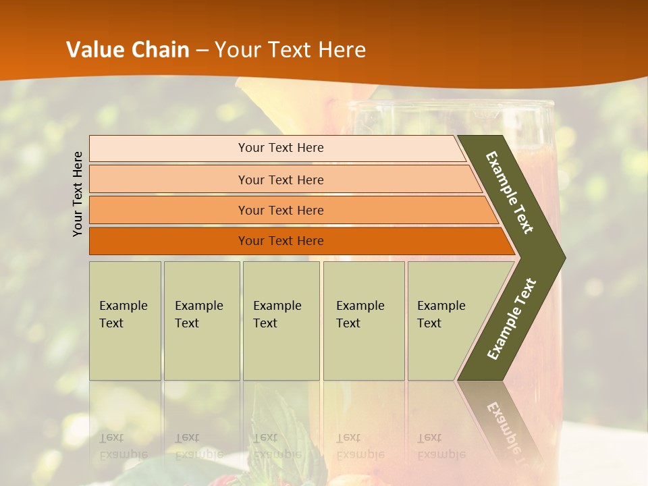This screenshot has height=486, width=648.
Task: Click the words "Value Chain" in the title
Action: click(x=128, y=49)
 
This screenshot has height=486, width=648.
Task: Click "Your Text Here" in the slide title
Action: click(x=290, y=49)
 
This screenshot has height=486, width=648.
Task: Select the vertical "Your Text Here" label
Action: click(x=78, y=194)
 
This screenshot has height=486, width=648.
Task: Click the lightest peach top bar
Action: click(x=281, y=148)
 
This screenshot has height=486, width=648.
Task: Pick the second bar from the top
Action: click(x=281, y=180)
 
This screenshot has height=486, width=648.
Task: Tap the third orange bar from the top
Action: click(x=281, y=210)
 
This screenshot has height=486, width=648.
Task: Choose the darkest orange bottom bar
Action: click(x=281, y=241)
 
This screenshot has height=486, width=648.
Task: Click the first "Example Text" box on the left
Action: click(x=125, y=320)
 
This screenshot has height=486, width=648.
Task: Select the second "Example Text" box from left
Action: click(x=201, y=320)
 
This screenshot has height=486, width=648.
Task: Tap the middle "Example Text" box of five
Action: click(x=281, y=320)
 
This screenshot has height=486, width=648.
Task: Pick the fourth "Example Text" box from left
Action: click(x=363, y=320)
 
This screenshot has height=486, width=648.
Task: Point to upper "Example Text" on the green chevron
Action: click(x=510, y=192)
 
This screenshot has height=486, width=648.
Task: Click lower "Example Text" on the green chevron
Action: click(x=512, y=319)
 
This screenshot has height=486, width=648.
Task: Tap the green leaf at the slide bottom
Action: click(x=277, y=432)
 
